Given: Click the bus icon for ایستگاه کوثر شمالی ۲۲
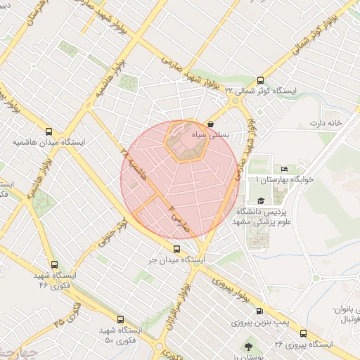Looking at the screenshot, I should pos(261,80).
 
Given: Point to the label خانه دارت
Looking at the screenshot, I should pos(324,123).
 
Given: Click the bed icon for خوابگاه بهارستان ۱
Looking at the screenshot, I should pos(284,169).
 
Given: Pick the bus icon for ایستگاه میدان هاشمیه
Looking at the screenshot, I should pos(49,131).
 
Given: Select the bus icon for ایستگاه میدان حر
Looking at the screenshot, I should pos(176,248).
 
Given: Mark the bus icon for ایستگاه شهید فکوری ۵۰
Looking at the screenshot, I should pos(120,319).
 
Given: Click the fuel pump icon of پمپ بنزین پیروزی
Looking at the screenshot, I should pos(261,311).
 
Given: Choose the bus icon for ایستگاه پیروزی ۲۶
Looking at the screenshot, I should pos(304,333).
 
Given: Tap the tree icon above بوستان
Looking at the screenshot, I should pos(249,347).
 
